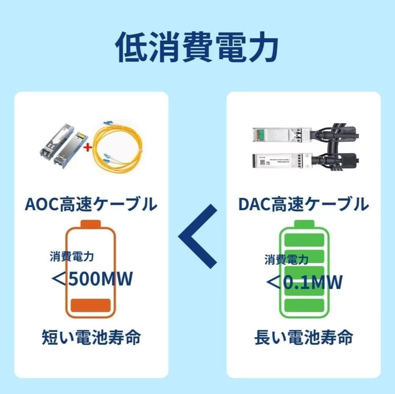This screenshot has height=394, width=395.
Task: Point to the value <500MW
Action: [91, 280]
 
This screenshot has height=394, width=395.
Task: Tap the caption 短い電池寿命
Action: [91, 337]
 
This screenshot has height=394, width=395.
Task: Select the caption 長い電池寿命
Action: [303, 337]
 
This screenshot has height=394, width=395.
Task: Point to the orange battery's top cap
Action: [90, 223]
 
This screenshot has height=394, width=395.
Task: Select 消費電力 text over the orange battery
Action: [72, 257]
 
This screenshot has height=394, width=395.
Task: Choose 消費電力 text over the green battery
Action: [286, 259]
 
